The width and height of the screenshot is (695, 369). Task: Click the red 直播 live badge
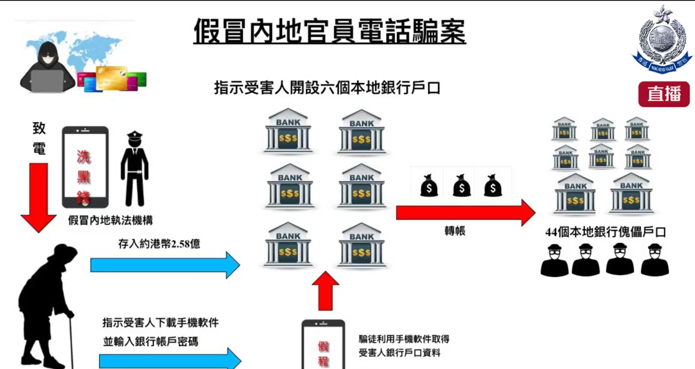(x=664, y=94)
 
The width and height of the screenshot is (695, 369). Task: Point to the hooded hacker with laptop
(x=47, y=69)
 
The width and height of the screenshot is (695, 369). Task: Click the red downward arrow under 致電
(x=38, y=197)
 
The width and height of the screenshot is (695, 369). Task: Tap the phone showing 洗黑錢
(x=85, y=167)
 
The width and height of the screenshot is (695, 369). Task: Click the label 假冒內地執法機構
(x=110, y=220)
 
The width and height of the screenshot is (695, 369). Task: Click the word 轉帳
(x=455, y=231)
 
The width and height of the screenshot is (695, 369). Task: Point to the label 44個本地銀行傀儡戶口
(x=605, y=232)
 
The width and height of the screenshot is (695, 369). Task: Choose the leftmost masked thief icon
(x=554, y=261)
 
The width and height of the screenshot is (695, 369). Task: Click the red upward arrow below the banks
(x=325, y=292)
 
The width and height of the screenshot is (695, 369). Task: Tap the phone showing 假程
(x=323, y=345)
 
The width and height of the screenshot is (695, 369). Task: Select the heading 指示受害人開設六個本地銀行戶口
(x=327, y=88)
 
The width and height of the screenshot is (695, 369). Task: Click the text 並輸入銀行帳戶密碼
(x=151, y=342)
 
